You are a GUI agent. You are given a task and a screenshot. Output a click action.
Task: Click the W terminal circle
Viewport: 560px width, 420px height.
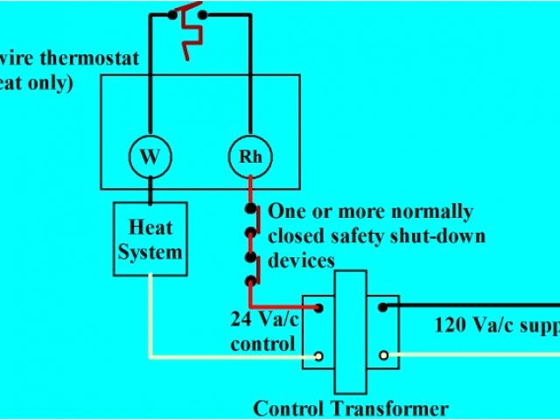click(x=150, y=157)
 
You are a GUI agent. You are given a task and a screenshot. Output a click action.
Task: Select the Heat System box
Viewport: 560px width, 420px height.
click(x=150, y=240)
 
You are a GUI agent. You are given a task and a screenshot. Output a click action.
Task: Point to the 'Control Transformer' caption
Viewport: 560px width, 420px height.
click(x=350, y=408)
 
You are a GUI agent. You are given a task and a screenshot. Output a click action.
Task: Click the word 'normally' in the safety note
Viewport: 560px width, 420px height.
click(x=428, y=212)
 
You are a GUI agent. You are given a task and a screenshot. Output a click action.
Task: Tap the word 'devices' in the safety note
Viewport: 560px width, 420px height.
click(x=301, y=261)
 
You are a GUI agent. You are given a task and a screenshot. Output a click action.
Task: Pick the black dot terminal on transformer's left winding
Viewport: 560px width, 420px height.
click(x=318, y=308)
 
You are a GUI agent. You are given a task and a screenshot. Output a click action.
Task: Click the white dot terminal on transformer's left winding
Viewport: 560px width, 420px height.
click(x=318, y=356)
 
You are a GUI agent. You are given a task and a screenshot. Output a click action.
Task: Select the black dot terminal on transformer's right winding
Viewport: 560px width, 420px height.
click(x=383, y=307)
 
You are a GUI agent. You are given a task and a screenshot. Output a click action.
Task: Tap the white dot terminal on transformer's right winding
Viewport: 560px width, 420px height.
click(x=383, y=356)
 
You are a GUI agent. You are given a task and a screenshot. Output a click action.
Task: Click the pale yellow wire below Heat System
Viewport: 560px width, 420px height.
click(x=150, y=315)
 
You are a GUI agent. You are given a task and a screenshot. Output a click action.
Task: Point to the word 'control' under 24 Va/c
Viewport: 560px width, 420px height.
click(x=263, y=344)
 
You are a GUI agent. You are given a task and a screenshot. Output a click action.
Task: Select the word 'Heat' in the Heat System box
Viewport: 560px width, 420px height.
click(x=150, y=227)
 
